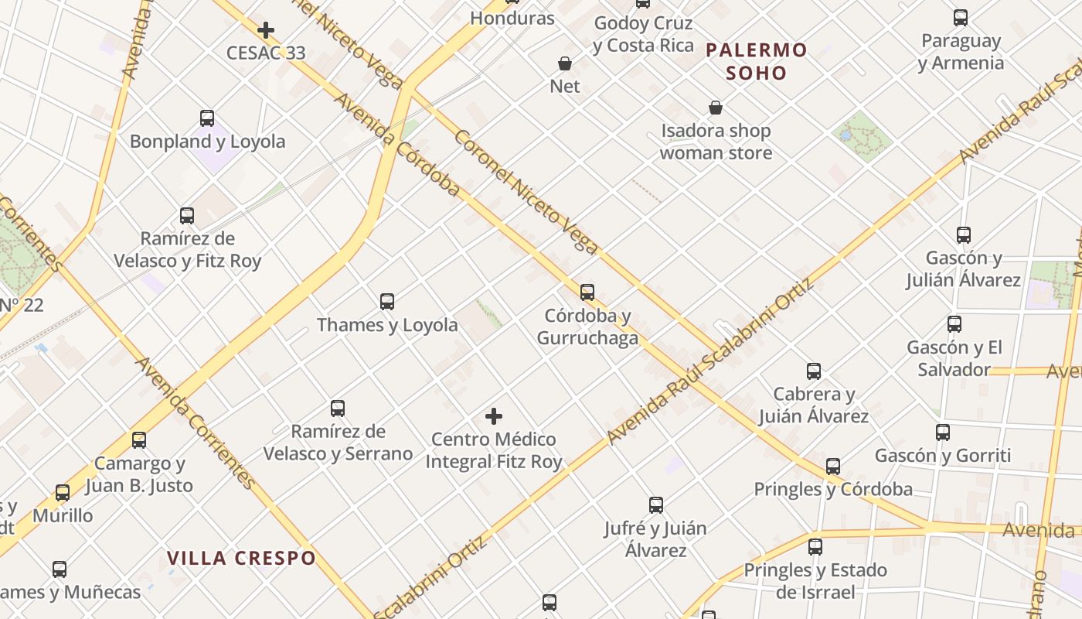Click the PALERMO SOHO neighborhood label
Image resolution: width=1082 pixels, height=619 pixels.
[x=756, y=62]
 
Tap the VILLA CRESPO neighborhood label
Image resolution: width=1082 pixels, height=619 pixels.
[x=242, y=558]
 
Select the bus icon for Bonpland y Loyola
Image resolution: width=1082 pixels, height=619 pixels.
[x=207, y=118]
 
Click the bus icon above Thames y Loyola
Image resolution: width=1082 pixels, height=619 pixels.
[x=387, y=302]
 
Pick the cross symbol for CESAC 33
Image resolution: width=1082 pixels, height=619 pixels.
[x=266, y=30]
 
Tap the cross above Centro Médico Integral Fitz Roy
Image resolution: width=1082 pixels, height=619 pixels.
[x=494, y=416]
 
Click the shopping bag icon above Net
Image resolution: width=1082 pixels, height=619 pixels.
[x=565, y=63]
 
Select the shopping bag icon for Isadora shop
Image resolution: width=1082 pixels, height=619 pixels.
[x=716, y=108]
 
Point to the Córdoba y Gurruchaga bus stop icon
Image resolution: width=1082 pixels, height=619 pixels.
[x=587, y=292]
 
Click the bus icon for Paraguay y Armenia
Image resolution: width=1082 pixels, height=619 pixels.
[x=961, y=18]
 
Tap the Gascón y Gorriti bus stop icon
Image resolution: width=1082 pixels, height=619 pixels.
[x=943, y=433]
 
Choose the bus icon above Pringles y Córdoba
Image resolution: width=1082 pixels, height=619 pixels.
[x=833, y=467]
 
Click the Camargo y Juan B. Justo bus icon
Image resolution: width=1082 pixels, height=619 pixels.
[x=139, y=440]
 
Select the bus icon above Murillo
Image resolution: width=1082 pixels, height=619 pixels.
[x=63, y=493]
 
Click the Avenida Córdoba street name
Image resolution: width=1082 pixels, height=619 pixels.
[x=396, y=145]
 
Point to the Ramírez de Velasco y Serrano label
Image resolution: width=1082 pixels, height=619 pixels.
[x=338, y=442]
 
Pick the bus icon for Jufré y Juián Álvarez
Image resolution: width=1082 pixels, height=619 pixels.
[x=656, y=505]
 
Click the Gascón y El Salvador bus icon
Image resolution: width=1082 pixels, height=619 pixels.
[x=954, y=324]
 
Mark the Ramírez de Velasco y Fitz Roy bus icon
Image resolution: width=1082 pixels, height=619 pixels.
[x=187, y=216]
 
